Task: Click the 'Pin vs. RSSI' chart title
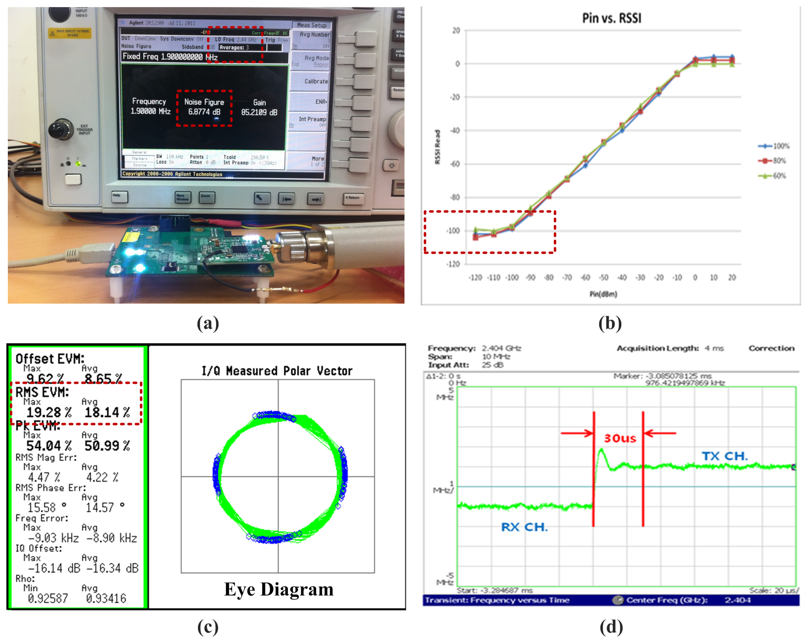611,18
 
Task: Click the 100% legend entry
774,146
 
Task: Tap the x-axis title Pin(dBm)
603,294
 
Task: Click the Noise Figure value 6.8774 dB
204,112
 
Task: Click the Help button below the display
119,197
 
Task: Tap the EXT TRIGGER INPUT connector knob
61,130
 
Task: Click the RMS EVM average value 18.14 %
107,412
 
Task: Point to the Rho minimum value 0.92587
48,598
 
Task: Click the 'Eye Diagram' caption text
279,589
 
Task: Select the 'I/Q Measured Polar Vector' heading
277,371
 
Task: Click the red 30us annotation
620,438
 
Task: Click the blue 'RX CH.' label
524,527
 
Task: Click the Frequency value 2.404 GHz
501,348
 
